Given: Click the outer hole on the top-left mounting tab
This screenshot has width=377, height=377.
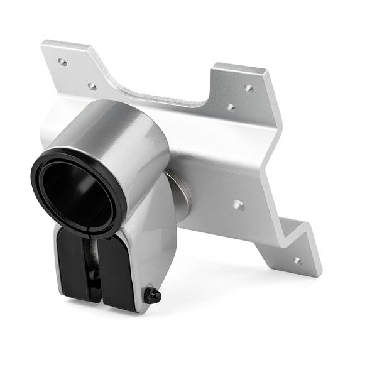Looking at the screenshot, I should pos(62,62).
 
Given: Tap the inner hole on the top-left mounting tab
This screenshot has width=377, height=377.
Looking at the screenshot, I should pos(92,86).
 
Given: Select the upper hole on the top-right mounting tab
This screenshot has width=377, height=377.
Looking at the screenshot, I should pos(249,88).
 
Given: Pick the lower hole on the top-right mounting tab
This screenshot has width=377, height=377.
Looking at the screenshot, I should pos(231,107).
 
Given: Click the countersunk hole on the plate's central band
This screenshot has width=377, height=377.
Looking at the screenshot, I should pos(238,204).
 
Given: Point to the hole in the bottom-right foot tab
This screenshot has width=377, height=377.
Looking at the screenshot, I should pos(297,260).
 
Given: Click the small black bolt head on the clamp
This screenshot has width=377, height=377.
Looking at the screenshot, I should pos(153,295).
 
